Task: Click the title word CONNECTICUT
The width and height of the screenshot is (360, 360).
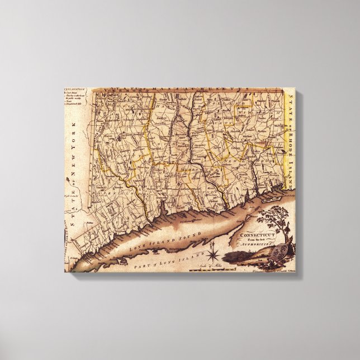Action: coord(256,235)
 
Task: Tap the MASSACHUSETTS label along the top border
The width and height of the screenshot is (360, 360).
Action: coord(179,92)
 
